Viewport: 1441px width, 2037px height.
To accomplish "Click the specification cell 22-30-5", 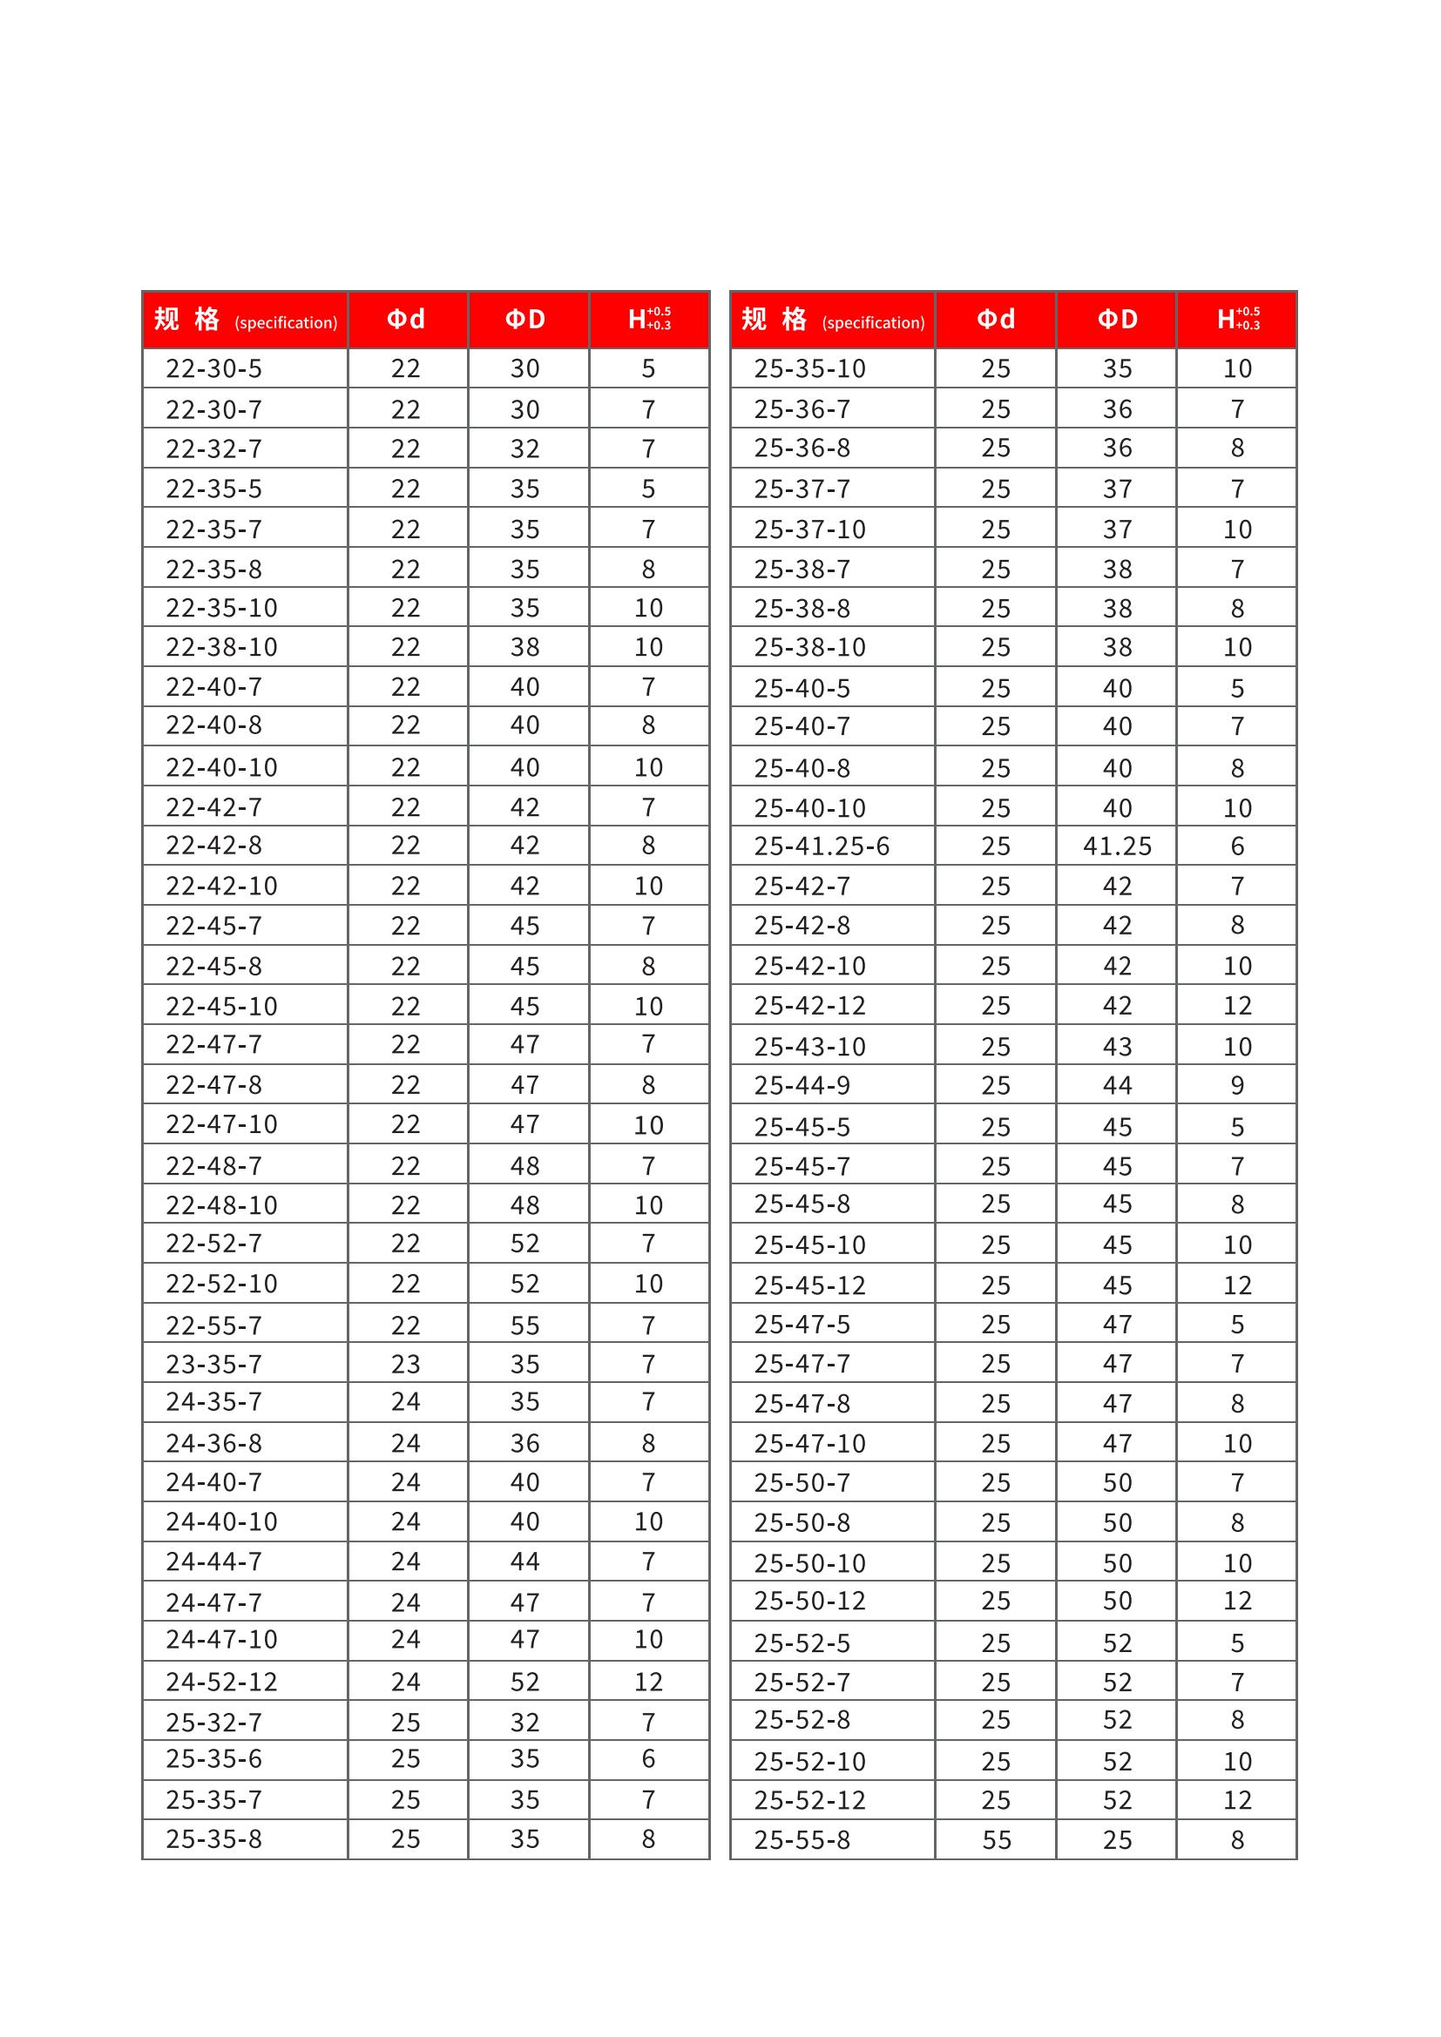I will click(213, 368).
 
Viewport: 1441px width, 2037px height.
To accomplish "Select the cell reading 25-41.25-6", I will click(821, 847).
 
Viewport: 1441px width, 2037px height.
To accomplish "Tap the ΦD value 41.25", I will click(1116, 847).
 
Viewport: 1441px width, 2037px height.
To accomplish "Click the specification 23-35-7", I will click(213, 1364).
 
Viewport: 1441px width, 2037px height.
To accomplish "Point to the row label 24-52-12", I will click(222, 1681).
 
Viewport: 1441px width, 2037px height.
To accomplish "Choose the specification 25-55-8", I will click(802, 1840).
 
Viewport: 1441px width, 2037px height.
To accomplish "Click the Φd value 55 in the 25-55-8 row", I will click(996, 1840).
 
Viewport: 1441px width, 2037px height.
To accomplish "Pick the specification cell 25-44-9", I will click(802, 1085).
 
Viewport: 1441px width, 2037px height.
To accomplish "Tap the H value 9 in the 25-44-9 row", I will click(1237, 1085).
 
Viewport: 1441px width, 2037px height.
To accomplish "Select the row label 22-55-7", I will click(213, 1325).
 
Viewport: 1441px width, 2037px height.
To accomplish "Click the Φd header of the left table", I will click(406, 320).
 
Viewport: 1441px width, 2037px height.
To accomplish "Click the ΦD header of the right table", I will click(1116, 320).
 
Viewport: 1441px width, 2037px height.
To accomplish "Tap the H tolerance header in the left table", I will click(649, 320).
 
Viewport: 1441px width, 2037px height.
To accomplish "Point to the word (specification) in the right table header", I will click(873, 323).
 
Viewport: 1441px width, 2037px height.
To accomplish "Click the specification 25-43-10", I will click(809, 1047).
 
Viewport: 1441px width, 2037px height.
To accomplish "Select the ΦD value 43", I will click(1116, 1047).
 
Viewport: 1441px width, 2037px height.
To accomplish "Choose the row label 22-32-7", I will click(213, 449).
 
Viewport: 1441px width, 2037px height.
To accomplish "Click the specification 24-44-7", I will click(213, 1561).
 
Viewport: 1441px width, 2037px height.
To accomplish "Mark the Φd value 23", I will click(405, 1364).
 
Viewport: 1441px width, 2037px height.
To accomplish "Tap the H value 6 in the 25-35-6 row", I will click(649, 1758).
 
